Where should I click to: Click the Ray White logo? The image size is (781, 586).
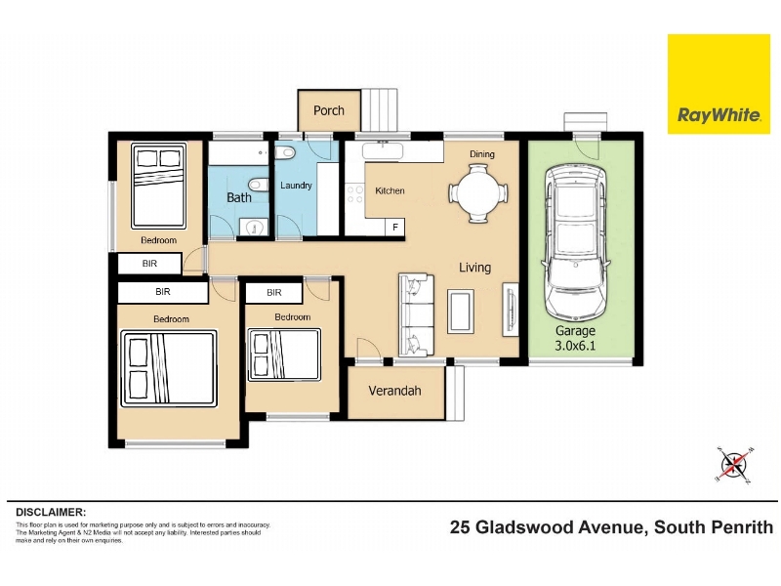click(x=719, y=84)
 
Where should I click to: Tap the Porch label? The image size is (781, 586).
click(x=329, y=110)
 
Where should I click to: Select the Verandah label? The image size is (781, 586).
click(x=395, y=391)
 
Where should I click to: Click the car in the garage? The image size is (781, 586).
click(x=576, y=242)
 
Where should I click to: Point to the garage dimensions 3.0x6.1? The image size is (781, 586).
click(x=575, y=346)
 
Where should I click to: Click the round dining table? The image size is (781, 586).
click(x=478, y=193)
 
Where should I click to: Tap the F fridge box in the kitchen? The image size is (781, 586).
click(x=395, y=228)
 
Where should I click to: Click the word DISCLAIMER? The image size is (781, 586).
click(x=51, y=512)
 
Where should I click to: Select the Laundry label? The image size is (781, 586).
click(x=296, y=186)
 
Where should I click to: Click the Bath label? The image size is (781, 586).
click(x=239, y=198)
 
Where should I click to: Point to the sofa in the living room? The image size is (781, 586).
click(x=417, y=314)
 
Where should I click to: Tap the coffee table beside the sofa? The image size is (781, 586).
click(x=461, y=312)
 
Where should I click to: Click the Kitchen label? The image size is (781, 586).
click(x=390, y=190)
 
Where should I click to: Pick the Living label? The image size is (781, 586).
click(x=474, y=268)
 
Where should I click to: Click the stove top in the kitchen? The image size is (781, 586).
click(x=355, y=194)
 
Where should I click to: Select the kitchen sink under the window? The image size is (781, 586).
click(x=383, y=150)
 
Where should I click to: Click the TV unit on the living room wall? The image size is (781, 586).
click(x=510, y=310)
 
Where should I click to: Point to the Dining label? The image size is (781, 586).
click(x=482, y=154)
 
